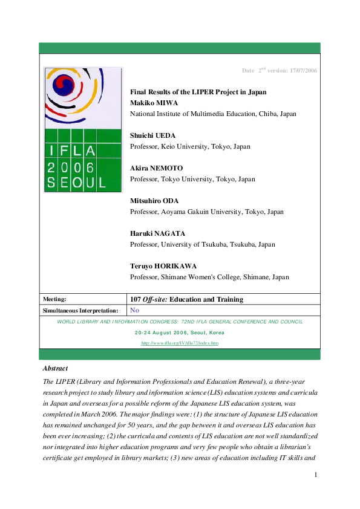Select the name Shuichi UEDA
[x=152, y=136]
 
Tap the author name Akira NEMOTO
[x=157, y=169]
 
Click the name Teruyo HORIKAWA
[x=164, y=267]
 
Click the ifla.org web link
[x=180, y=343]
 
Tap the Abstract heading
[x=55, y=368]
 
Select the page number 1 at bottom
[x=315, y=491]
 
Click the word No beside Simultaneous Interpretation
[x=135, y=310]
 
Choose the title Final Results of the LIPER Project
[x=198, y=92]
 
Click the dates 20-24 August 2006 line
[x=180, y=332]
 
